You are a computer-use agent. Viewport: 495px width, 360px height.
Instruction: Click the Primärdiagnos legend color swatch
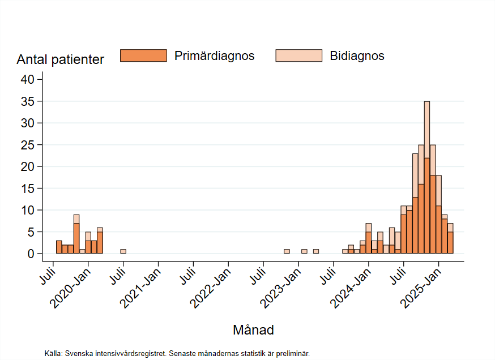click(x=143, y=55)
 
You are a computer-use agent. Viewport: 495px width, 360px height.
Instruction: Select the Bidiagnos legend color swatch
click(x=298, y=55)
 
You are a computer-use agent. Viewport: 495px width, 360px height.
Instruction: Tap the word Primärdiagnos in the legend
click(x=214, y=56)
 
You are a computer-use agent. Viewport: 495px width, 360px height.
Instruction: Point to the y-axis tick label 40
click(x=28, y=80)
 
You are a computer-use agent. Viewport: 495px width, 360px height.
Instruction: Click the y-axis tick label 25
click(x=28, y=145)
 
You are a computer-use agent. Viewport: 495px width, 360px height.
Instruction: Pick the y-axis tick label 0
click(x=32, y=254)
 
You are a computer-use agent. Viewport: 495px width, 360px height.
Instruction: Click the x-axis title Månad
click(x=253, y=330)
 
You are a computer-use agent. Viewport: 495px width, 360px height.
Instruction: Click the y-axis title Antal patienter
click(x=60, y=59)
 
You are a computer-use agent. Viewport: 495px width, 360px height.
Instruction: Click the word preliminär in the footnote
click(x=293, y=353)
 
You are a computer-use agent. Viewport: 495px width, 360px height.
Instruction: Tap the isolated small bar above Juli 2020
click(x=123, y=251)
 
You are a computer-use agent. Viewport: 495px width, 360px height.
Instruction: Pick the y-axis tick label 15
click(x=28, y=188)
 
